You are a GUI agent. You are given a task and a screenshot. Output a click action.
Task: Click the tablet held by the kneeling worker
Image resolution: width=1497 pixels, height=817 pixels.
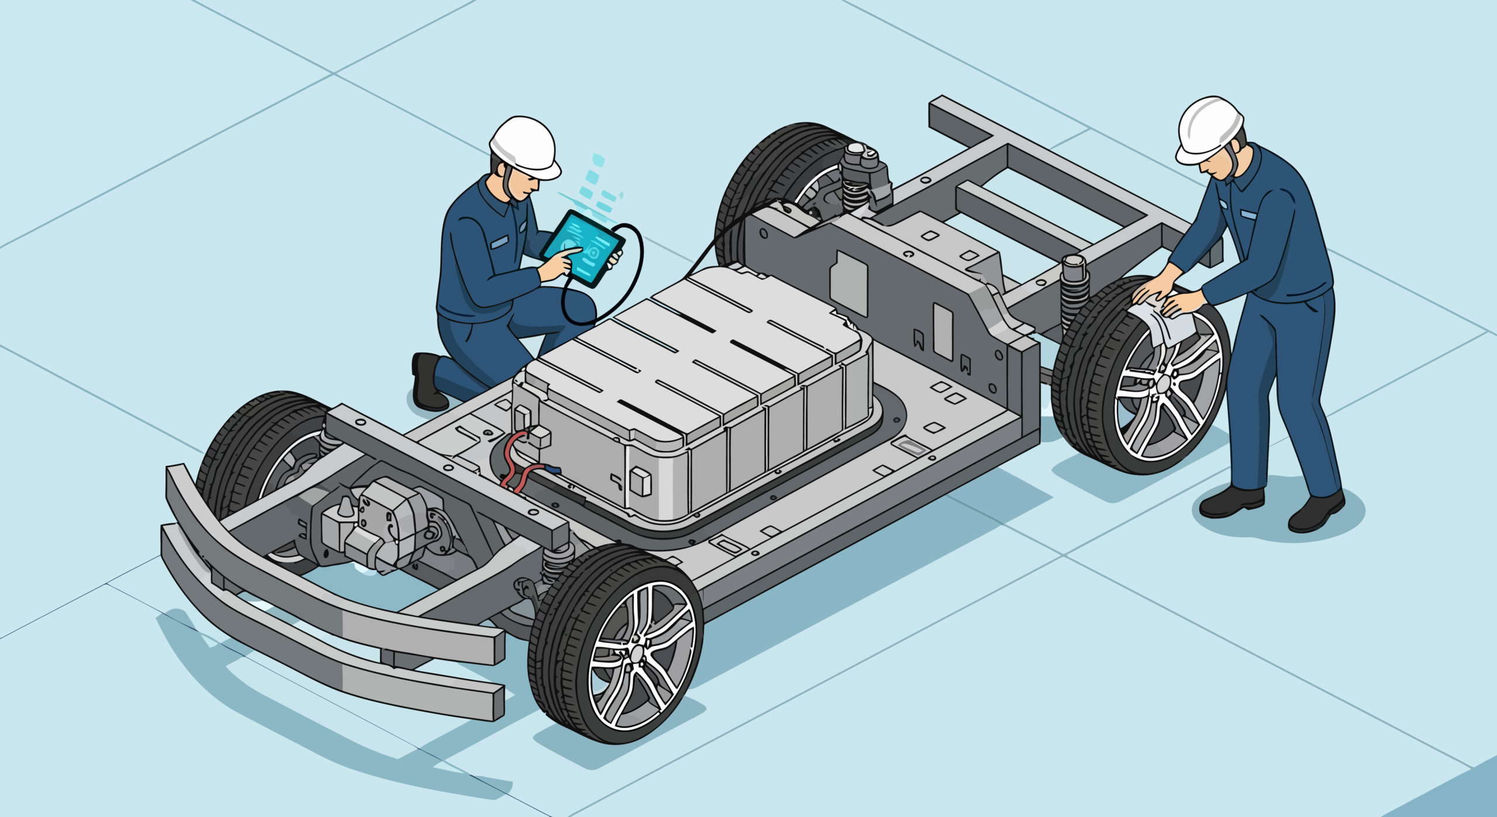(582, 249)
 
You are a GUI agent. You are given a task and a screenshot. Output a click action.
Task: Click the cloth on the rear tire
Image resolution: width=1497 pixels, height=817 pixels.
(1161, 325)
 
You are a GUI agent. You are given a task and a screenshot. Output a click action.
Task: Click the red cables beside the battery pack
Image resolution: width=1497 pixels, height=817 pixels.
(515, 462)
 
